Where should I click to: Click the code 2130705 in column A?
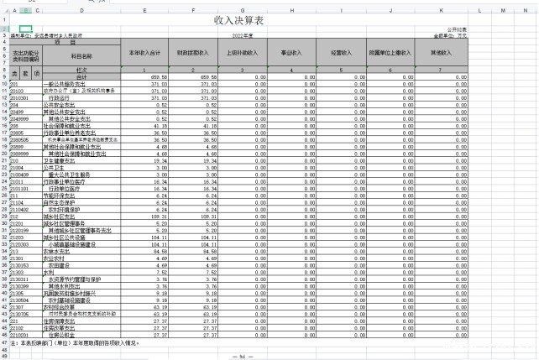[20, 313]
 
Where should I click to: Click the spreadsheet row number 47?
[4, 342]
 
